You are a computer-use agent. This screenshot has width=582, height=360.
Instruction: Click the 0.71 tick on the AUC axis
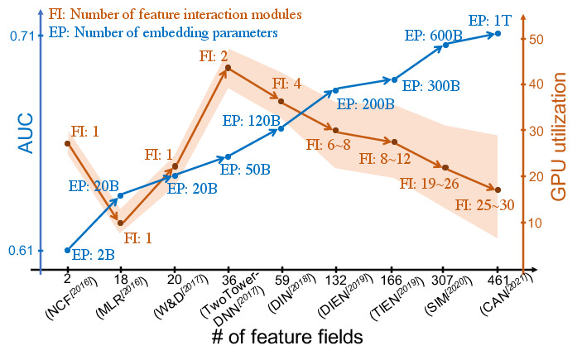[x=22, y=36]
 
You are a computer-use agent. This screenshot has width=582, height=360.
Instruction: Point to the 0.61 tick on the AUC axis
[x=22, y=250]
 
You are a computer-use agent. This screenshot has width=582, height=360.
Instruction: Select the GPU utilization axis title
[x=561, y=137]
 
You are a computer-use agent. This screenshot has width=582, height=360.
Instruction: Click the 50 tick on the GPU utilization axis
[x=535, y=39]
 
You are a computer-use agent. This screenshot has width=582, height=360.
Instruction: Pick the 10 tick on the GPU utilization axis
[x=535, y=223]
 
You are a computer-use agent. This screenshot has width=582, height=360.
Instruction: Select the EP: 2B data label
[x=93, y=255]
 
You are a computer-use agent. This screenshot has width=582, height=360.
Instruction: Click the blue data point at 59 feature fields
[x=281, y=129]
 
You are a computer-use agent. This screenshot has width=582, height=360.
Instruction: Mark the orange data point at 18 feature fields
[x=120, y=223]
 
